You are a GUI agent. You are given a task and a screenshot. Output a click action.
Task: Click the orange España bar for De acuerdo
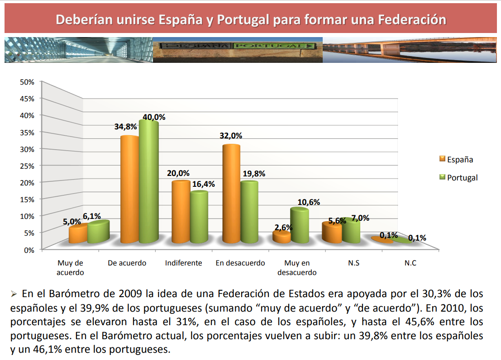point(129,190)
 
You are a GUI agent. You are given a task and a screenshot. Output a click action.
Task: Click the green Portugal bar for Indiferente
point(199,218)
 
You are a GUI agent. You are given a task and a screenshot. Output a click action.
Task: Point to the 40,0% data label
point(154,117)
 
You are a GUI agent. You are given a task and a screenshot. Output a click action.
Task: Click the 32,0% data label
point(231,136)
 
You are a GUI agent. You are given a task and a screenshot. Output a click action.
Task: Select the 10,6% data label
point(309,202)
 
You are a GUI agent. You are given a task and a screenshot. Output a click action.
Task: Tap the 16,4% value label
point(203,184)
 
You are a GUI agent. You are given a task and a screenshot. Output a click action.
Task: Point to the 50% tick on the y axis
point(27,82)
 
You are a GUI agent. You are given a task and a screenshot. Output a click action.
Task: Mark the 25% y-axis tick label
point(27,166)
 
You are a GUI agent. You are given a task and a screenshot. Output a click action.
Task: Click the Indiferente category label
point(183,263)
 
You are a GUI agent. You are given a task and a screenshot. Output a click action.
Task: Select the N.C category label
point(410,263)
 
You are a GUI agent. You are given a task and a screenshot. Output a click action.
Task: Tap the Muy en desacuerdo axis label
point(297,268)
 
